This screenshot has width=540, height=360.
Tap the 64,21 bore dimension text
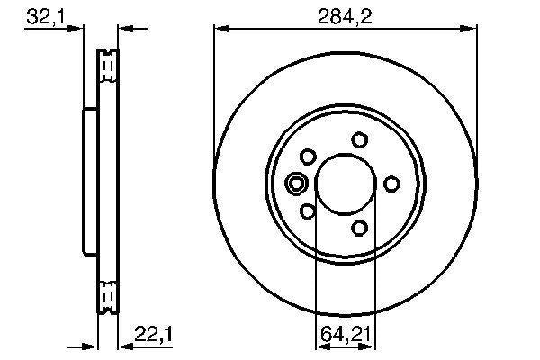(346, 335)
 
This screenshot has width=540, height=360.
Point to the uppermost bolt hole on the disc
(360, 139)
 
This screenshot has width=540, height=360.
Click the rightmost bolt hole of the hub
(391, 184)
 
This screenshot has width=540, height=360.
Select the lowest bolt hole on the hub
(360, 227)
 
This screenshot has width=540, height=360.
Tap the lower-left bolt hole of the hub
(308, 211)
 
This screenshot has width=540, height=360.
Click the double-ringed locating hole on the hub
(296, 184)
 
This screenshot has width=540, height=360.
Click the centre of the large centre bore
(346, 184)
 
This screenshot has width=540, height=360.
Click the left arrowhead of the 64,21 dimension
(319, 346)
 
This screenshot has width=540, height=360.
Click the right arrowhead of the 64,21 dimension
(372, 346)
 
